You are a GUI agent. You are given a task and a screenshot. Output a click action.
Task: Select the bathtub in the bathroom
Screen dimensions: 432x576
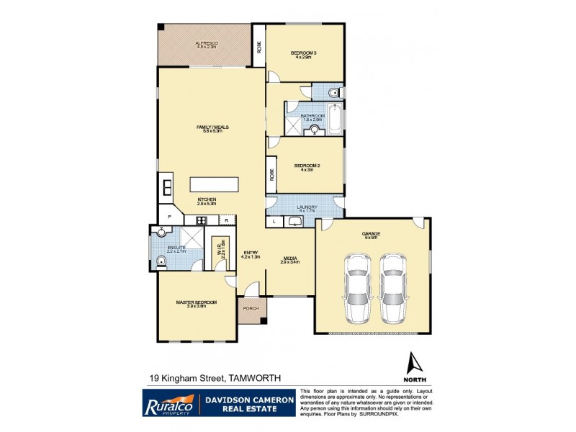(x=336, y=120)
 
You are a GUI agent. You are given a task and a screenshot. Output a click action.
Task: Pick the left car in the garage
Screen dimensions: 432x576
(x=358, y=287)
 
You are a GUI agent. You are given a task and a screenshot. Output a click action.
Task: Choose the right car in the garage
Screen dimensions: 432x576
(x=393, y=287)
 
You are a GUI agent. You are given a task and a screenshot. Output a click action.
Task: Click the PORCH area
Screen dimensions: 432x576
(x=251, y=310)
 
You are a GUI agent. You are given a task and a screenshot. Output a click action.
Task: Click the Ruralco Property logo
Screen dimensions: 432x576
(x=168, y=403)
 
